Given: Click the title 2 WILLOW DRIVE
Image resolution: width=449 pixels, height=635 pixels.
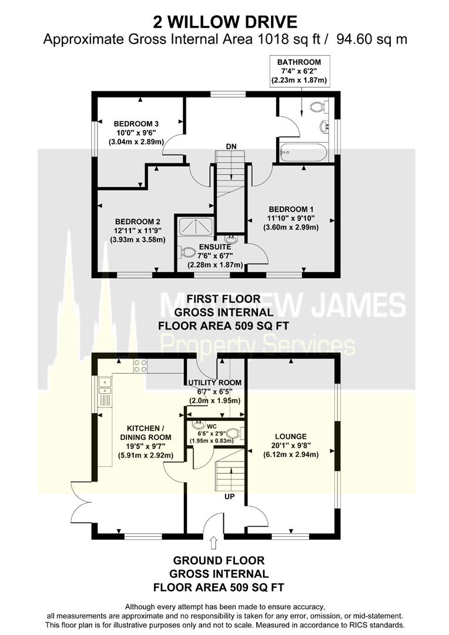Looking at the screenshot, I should pos(224,22).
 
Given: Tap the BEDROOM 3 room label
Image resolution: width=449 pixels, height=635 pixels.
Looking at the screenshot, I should pos(136,123).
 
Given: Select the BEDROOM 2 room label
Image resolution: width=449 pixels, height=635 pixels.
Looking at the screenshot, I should pos(137,222).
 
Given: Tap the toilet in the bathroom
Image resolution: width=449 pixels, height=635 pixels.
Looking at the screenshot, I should pos(317,107).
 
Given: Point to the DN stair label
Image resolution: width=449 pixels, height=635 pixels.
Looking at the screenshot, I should pos(232,146).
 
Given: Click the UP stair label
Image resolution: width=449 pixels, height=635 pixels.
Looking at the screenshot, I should pos(232,497).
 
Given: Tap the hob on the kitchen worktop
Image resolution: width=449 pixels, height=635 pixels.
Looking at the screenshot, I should pos(141,366).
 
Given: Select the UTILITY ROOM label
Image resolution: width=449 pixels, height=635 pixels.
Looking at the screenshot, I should pos(215,383).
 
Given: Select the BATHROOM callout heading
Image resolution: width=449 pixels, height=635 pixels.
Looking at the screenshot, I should pos(300,62).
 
